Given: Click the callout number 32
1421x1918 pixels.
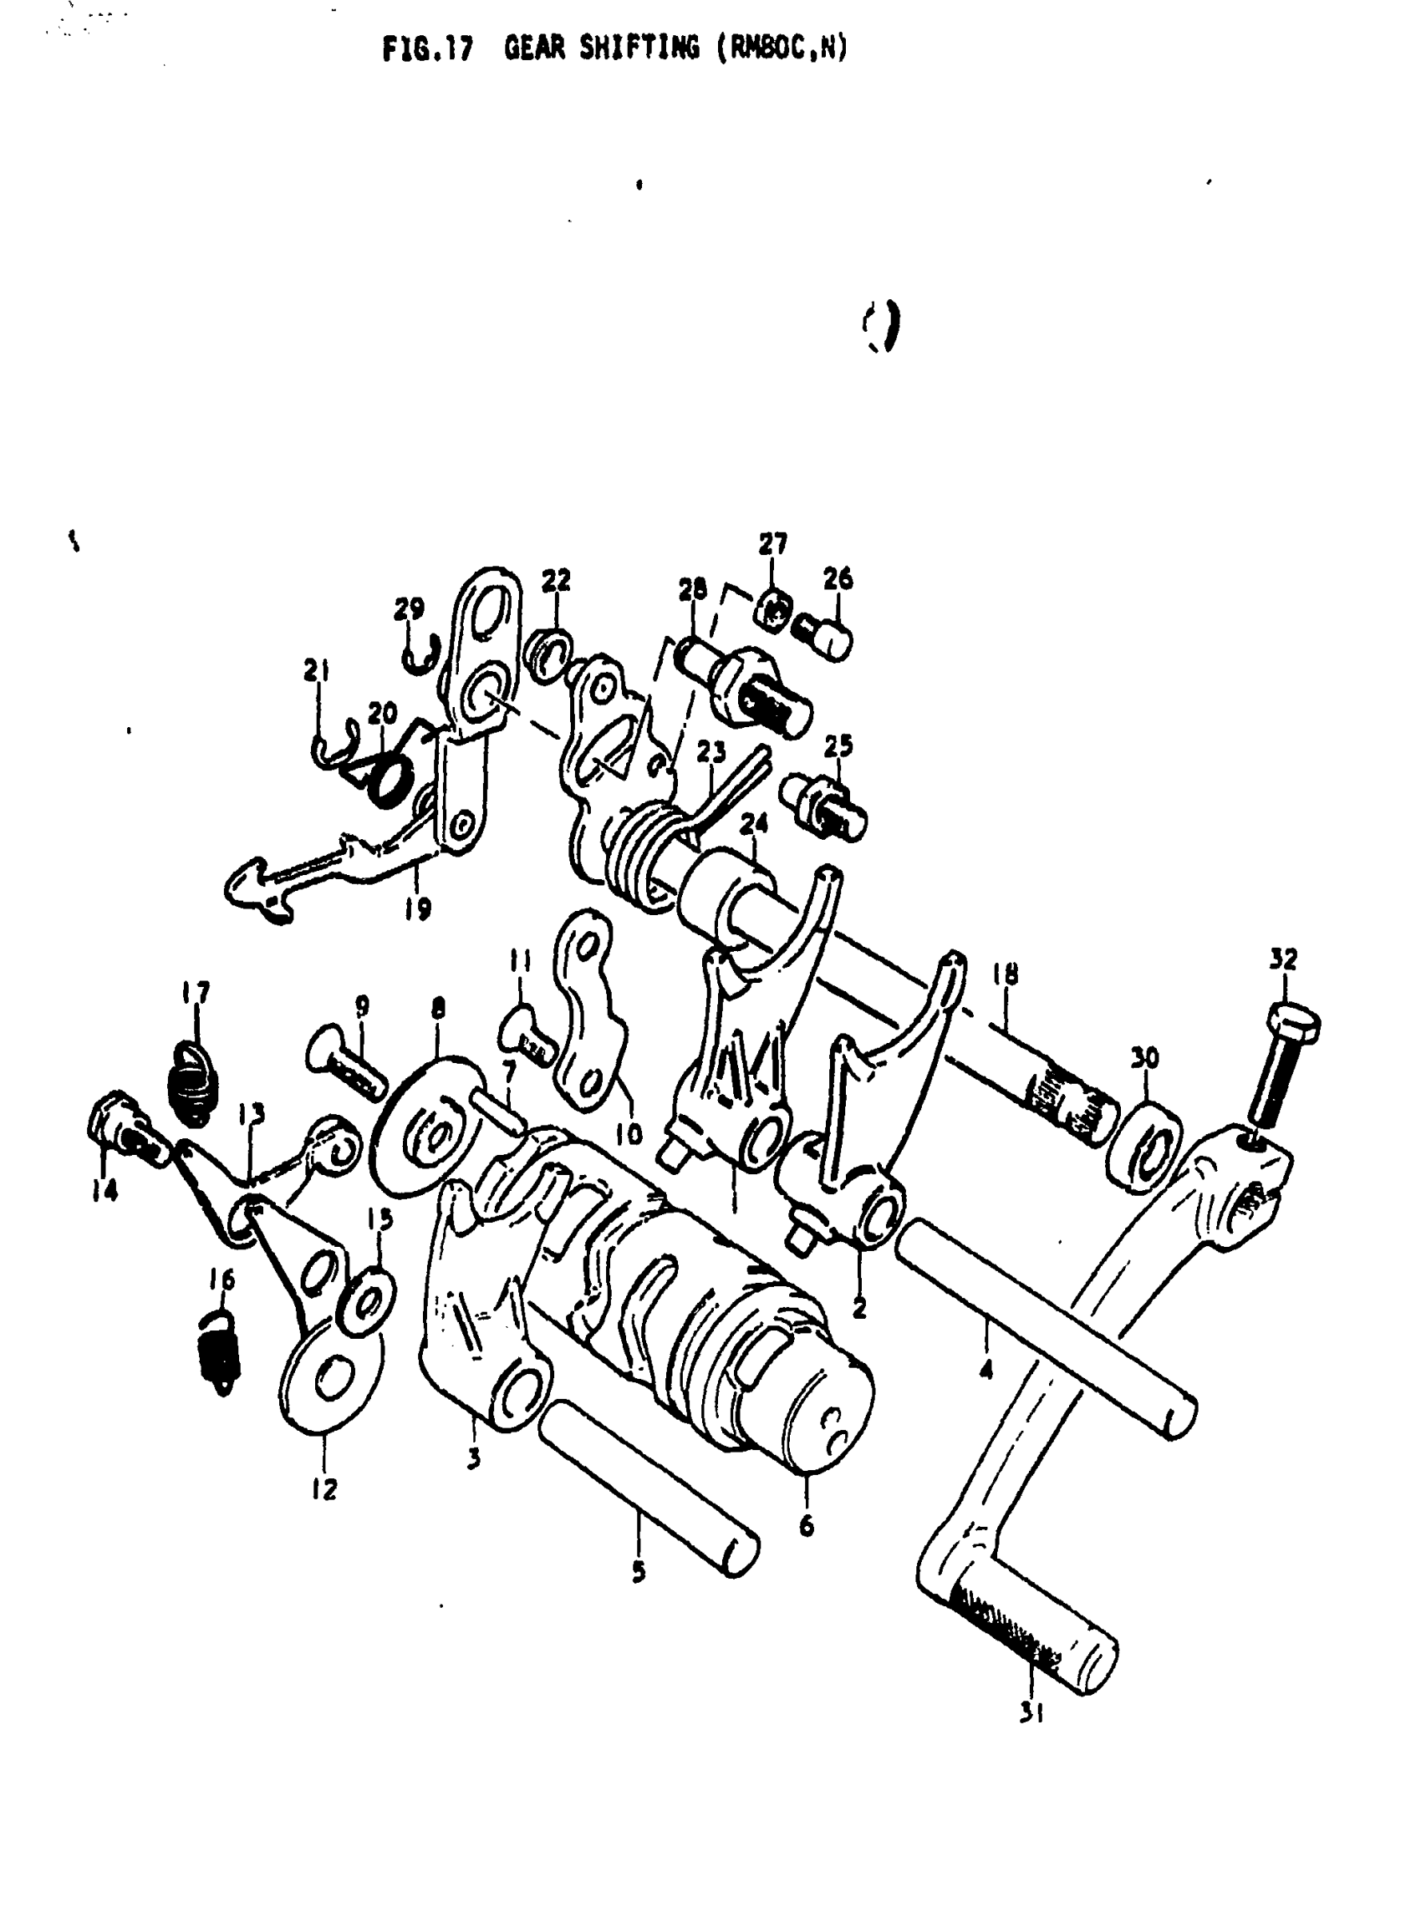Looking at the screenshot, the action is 1282,959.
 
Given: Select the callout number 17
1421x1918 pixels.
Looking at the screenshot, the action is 196,993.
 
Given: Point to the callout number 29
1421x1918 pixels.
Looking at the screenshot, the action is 410,609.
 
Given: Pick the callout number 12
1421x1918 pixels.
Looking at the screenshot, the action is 324,1488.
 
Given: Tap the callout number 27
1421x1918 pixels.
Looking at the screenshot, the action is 772,543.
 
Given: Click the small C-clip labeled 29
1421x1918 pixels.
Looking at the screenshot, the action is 421,653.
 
